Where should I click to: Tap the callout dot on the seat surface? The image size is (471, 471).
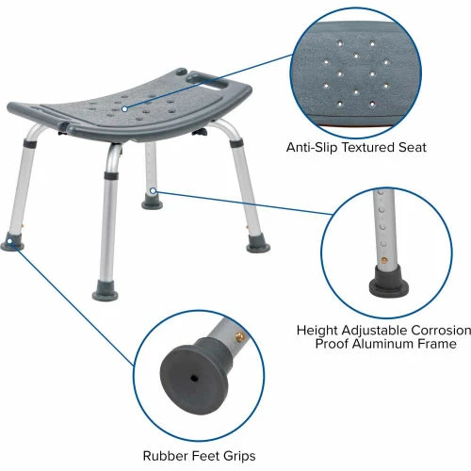(x=124, y=109)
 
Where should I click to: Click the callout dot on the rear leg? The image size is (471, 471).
(x=153, y=190)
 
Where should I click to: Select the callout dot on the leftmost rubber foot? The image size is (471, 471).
(x=9, y=241)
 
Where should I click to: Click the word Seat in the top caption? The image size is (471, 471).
(x=413, y=147)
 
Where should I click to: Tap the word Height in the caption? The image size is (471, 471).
(x=317, y=331)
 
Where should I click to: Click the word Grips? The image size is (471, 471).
(x=239, y=456)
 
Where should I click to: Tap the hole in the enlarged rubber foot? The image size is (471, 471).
(x=195, y=379)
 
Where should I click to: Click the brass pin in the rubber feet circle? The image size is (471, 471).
(x=239, y=337)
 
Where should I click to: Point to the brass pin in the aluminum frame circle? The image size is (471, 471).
(x=383, y=260)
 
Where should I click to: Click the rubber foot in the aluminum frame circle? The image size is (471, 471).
(x=389, y=282)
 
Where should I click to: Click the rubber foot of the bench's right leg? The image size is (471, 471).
(x=258, y=245)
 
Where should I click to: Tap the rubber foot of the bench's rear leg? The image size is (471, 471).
(x=153, y=203)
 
